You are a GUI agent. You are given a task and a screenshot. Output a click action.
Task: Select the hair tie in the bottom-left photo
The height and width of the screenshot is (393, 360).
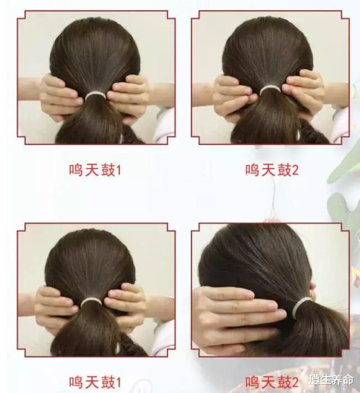tap(91, 302)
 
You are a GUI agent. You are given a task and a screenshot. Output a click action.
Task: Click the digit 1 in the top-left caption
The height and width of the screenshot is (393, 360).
tap(118, 170)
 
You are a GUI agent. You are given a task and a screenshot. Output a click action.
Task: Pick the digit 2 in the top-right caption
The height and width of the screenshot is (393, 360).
tap(295, 170)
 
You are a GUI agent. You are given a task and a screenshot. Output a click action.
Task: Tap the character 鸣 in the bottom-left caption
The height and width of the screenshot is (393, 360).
tap(76, 382)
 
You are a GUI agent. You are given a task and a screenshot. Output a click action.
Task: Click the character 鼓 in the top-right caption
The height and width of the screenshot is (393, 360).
tap(284, 170)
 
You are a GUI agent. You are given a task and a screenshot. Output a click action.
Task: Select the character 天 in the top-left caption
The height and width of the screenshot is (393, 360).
tap(92, 170)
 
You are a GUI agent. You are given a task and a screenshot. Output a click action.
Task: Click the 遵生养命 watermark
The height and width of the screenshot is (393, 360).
tap(331, 380)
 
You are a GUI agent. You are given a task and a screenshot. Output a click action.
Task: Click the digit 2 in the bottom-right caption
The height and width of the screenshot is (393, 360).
tap(295, 382)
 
